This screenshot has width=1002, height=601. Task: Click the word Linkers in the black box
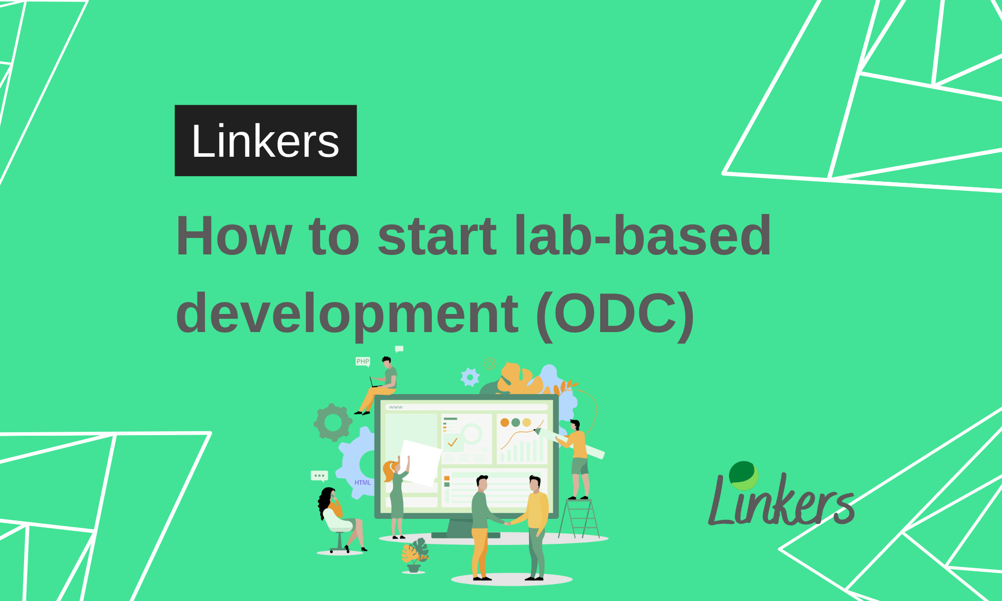(x=266, y=141)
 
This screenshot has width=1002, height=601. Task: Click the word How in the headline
(x=233, y=235)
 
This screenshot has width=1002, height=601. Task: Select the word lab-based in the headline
(x=643, y=235)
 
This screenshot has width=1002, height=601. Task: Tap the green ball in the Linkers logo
(x=743, y=475)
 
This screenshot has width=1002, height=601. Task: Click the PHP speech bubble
(x=363, y=361)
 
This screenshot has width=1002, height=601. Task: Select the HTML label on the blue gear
(x=363, y=483)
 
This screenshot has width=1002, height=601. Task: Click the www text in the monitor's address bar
(x=396, y=407)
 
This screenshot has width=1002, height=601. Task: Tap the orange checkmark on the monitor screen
(x=452, y=442)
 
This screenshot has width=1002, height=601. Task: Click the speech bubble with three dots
(x=319, y=475)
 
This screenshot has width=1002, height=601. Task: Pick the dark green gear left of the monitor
(x=333, y=422)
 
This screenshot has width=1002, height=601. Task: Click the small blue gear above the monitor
(x=470, y=377)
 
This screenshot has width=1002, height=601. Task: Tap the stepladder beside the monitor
(x=580, y=518)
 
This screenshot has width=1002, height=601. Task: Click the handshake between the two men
(x=507, y=523)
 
